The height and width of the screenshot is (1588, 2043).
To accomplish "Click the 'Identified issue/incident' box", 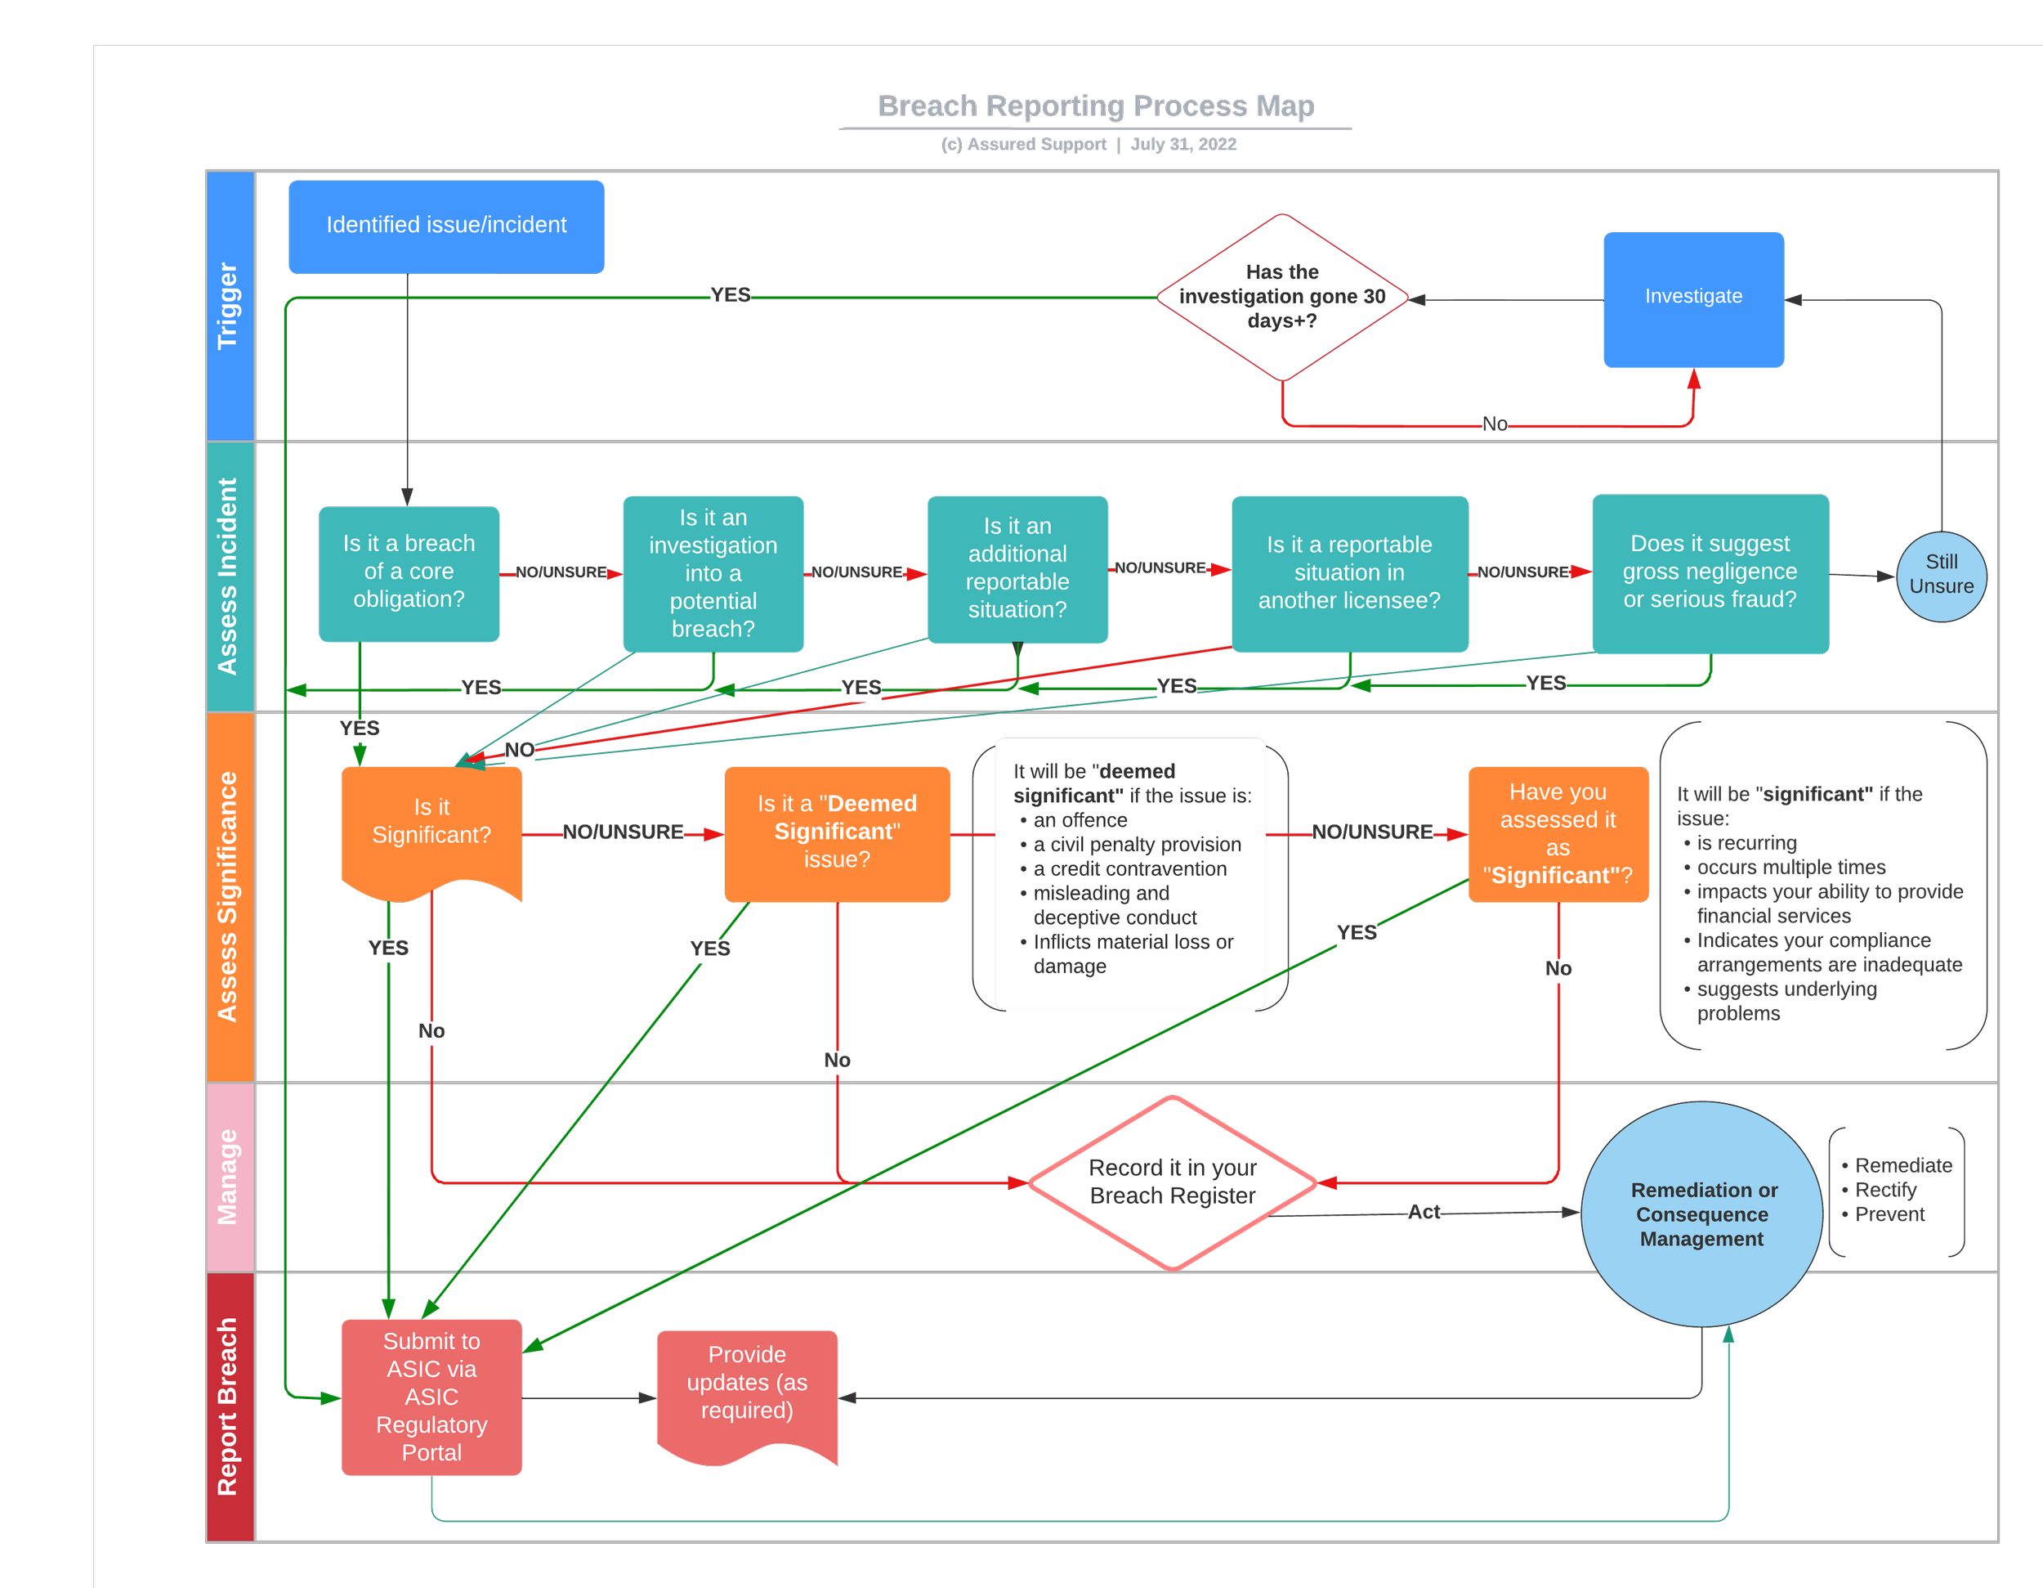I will [446, 227].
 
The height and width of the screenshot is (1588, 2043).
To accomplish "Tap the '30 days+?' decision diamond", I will [1281, 297].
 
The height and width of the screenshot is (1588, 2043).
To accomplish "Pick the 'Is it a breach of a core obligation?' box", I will [409, 572].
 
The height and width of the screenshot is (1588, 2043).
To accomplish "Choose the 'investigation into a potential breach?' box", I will [713, 574].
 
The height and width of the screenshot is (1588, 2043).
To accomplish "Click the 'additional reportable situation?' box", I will [1017, 569].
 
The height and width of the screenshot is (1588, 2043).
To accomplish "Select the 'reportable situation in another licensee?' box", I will [1349, 572].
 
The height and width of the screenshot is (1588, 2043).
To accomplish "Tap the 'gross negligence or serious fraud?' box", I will [1709, 572].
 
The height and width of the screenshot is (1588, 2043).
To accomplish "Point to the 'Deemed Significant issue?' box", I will [837, 832].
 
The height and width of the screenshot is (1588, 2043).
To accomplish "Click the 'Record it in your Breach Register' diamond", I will [1172, 1182].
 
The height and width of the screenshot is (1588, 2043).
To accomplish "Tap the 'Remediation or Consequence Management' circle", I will [1701, 1214].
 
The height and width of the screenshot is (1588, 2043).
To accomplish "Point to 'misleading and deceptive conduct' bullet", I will [1113, 905].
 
